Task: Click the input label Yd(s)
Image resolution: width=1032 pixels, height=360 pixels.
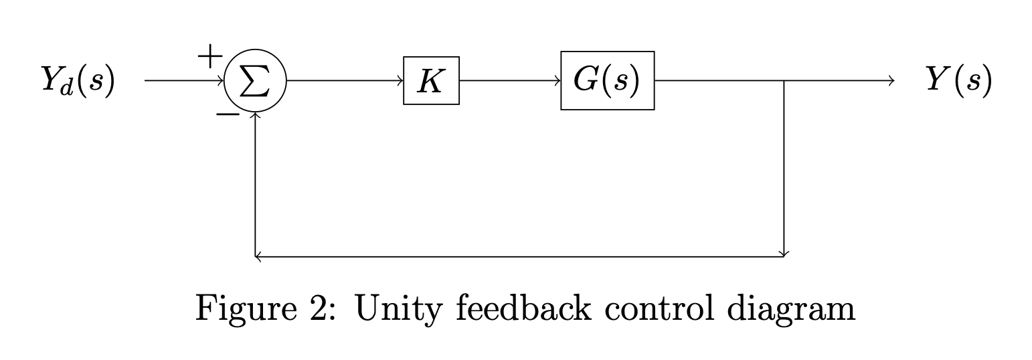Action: [x=78, y=80]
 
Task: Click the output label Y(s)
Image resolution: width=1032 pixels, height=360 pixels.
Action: [x=958, y=80]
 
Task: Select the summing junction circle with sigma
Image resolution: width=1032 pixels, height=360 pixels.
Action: [x=256, y=82]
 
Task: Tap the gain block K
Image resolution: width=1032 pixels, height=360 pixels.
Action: [x=431, y=81]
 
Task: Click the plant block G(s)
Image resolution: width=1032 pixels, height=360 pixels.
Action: [x=607, y=81]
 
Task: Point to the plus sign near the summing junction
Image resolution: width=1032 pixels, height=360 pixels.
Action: [x=209, y=56]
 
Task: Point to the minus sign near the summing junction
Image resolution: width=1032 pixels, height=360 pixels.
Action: [x=228, y=114]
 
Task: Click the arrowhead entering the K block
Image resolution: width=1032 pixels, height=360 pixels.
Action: [x=400, y=81]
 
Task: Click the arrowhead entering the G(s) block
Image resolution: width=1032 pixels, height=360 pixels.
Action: [x=557, y=81]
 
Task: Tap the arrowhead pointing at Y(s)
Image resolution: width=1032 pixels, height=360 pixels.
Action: [x=890, y=81]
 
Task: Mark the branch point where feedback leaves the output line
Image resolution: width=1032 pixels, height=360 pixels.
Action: [x=784, y=81]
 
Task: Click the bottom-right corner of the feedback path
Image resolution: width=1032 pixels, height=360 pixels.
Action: [x=784, y=256]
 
